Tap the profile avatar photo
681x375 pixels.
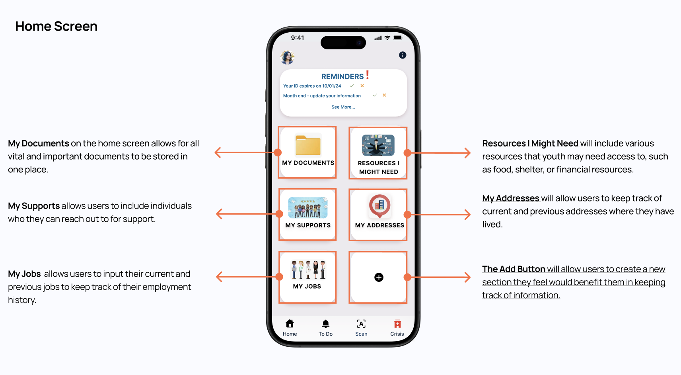287,57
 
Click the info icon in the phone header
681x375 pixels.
403,55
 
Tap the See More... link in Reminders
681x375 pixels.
343,107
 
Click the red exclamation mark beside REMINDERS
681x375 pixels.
368,75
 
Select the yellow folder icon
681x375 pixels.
308,145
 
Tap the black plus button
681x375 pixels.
379,277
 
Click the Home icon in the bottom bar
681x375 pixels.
290,324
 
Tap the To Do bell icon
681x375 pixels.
326,324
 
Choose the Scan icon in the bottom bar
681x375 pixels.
361,324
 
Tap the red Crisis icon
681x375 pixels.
397,324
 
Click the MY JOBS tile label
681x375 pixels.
307,286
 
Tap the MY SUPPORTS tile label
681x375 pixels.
308,225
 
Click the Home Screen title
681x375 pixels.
56,26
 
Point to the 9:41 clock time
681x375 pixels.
298,38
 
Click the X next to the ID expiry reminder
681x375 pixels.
362,86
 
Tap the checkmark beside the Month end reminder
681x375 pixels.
375,95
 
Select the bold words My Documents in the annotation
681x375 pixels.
39,143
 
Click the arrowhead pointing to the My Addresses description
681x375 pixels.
468,215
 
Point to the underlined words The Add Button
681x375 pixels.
514,269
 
